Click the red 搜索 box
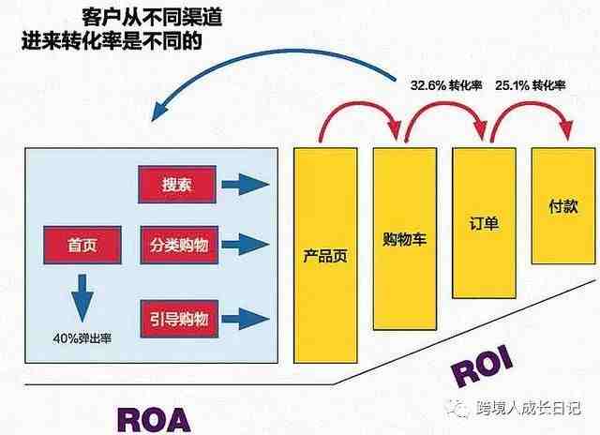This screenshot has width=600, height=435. click(x=177, y=185)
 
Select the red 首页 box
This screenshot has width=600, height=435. click(x=82, y=245)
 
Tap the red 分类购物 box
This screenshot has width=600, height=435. click(x=179, y=245)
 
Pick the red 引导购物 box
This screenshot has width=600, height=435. click(x=179, y=319)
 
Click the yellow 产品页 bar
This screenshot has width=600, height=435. click(x=325, y=255)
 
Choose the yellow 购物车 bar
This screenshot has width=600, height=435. click(x=405, y=239)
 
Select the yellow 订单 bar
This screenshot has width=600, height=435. click(x=484, y=223)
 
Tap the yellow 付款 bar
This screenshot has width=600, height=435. click(x=563, y=206)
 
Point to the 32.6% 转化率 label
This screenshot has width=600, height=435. click(x=446, y=85)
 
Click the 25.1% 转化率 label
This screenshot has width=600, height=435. click(x=531, y=85)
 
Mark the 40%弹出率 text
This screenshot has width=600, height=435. click(x=82, y=338)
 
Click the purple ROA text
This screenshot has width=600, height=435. click(x=154, y=420)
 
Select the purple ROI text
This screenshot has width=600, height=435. click(x=482, y=366)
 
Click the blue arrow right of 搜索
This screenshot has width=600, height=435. click(x=246, y=185)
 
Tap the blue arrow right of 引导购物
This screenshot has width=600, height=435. click(x=246, y=319)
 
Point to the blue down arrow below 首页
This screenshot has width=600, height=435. click(x=82, y=297)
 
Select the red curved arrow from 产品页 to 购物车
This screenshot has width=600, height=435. click(x=360, y=103)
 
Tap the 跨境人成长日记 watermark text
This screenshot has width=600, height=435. click(x=529, y=408)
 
